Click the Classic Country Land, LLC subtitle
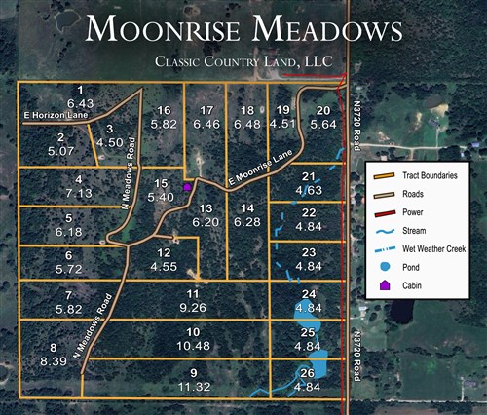point(243,63)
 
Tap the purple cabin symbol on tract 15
point(187,186)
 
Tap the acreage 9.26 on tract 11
point(193,307)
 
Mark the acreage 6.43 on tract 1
point(80,102)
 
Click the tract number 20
point(323,109)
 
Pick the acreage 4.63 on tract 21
point(310,190)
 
